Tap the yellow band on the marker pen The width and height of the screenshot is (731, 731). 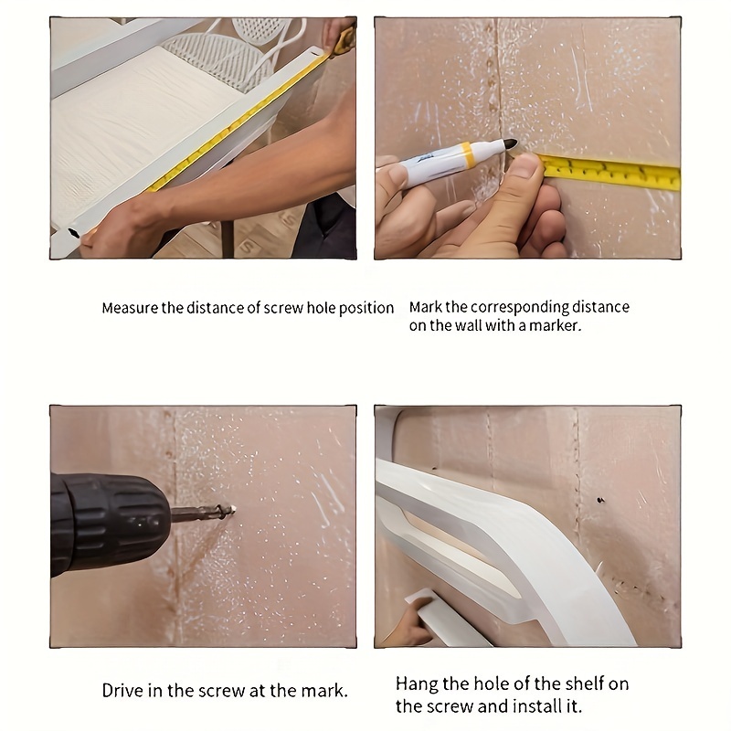point(466,154)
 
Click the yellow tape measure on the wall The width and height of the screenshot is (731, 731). point(610,172)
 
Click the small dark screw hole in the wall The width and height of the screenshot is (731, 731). point(600,501)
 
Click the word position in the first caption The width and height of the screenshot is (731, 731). point(366,308)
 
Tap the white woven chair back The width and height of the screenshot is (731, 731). point(219,58)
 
